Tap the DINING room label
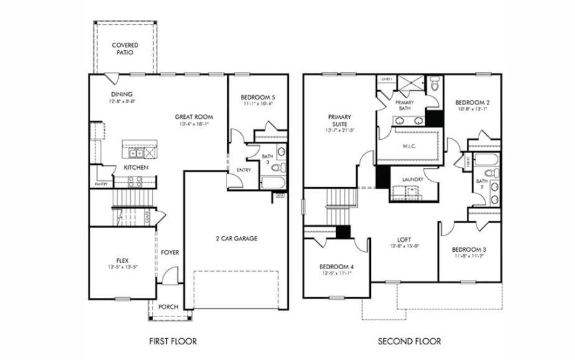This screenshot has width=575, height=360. click(x=122, y=95)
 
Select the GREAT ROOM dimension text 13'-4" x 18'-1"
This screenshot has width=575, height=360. click(x=194, y=124)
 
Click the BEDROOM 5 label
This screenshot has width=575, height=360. click(x=258, y=98)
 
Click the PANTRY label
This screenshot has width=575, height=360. click(x=101, y=184)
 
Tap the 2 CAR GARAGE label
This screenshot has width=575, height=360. click(x=236, y=239)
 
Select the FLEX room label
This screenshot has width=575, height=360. click(x=122, y=261)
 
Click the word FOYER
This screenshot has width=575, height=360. click(x=170, y=252)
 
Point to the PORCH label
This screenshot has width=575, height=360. click(x=169, y=307)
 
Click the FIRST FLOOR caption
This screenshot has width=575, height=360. click(x=173, y=341)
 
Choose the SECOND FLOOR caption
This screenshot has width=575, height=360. click(x=409, y=341)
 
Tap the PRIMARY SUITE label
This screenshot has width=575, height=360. click(x=340, y=120)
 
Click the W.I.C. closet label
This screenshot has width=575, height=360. click(x=410, y=147)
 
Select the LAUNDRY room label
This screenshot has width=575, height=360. click(x=413, y=180)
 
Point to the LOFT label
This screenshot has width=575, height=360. click(x=404, y=239)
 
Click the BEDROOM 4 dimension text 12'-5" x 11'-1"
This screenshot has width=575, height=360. click(x=337, y=273)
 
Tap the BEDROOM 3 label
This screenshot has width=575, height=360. click(x=470, y=249)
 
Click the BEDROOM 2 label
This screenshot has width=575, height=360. click(x=472, y=103)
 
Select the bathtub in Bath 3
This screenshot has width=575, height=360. click(x=271, y=183)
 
